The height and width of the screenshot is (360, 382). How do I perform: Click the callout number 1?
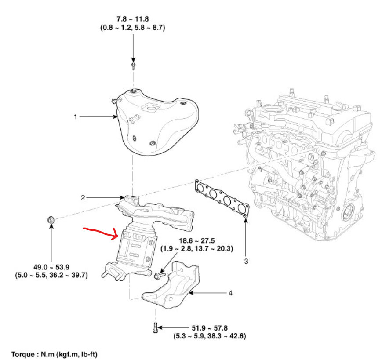coord(75,117)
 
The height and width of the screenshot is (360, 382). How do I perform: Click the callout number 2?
coord(82,198)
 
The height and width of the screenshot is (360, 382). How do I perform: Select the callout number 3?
coord(246,261)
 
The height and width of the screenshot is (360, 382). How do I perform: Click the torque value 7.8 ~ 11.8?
coord(132,19)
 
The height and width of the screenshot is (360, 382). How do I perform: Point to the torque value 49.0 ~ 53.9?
coord(51,266)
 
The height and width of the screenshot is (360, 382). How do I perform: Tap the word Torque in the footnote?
coord(21,353)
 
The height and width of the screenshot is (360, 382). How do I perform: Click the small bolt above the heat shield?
coord(133,67)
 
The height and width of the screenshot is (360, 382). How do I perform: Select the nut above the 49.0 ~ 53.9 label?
coord(51,219)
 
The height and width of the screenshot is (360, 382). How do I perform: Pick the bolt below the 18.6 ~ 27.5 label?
coord(159,275)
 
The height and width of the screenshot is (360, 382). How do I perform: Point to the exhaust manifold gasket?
coord(222,198)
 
